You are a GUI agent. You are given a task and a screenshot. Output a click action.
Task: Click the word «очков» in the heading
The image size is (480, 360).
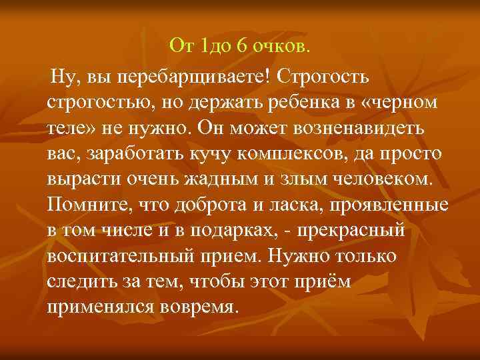(283, 46)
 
